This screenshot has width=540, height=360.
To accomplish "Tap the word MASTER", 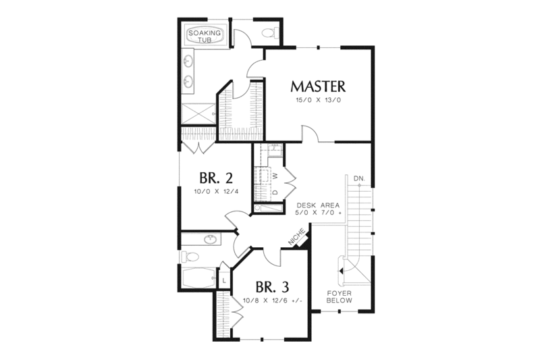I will (318, 86).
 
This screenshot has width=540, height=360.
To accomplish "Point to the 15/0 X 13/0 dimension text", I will (318, 100).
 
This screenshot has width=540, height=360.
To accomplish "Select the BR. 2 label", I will (216, 178).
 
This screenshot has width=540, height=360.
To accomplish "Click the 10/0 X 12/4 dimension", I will (216, 192).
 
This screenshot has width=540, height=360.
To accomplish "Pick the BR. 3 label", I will (271, 286).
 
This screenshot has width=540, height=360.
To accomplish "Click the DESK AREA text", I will (317, 205).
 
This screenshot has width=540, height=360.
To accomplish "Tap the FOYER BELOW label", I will (337, 298).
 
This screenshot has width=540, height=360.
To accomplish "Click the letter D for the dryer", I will (274, 192).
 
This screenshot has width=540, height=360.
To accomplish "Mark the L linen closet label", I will (223, 278).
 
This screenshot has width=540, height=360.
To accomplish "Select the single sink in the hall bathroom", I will (211, 238).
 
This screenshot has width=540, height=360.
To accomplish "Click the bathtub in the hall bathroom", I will (198, 278).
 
